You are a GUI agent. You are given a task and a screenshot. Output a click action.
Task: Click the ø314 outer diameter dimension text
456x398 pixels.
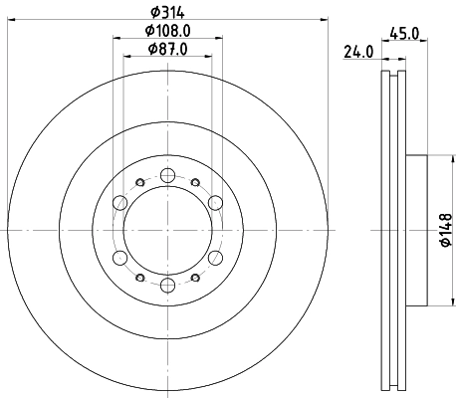point(167,11)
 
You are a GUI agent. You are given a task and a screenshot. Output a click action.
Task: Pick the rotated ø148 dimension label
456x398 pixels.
point(445,232)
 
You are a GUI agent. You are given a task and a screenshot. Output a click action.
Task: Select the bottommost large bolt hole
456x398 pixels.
point(167,287)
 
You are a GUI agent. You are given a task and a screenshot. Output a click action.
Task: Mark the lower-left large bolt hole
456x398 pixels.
point(119,259)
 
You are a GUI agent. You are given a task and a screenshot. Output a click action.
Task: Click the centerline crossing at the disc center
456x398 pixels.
point(167,231)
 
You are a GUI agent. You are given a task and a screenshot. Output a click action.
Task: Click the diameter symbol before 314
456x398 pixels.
point(151,11)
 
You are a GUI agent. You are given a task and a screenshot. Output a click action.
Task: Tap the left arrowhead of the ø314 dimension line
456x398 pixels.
point(12,21)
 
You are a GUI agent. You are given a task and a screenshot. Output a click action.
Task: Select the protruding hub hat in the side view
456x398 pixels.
point(415,231)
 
